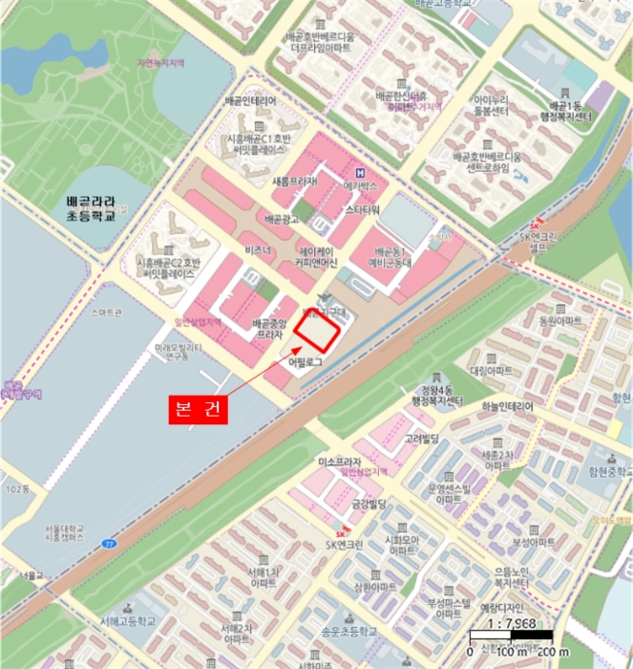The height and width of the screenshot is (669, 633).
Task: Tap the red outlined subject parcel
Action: pos(317,332)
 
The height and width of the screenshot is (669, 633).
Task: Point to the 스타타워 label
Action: pos(363,208)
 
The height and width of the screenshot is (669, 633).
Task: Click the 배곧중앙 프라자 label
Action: pos(270,331)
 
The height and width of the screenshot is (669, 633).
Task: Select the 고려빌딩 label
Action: pos(420,438)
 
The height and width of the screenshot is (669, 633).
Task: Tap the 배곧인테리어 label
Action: pos(251,100)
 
